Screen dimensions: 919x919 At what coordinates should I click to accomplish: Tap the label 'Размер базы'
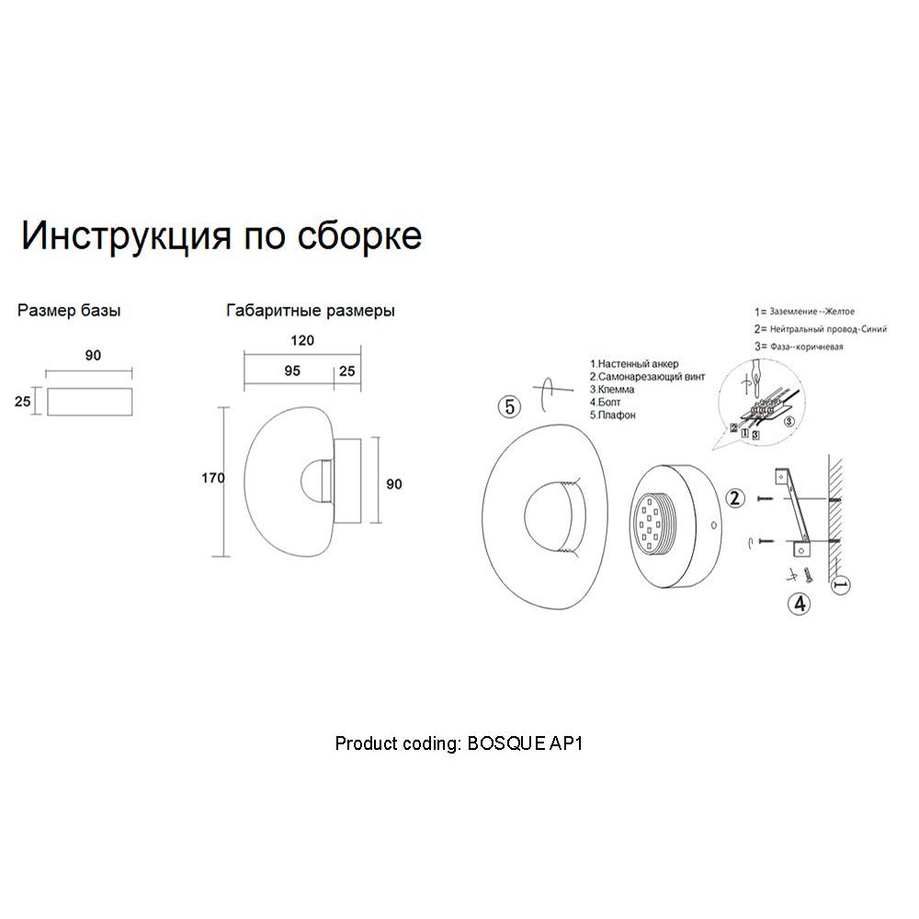tap(69, 311)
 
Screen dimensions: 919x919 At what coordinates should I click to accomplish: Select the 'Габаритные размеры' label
tap(310, 311)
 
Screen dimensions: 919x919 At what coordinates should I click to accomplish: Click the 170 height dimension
tap(213, 478)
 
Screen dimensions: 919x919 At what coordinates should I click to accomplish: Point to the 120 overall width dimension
tap(302, 341)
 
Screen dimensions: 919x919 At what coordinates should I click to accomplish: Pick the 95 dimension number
tap(292, 371)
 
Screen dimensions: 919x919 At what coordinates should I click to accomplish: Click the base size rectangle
tap(90, 402)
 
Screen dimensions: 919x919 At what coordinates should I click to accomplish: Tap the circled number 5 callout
tap(509, 406)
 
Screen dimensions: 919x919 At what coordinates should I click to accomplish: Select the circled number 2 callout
tap(735, 498)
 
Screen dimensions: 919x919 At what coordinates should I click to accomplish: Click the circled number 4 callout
tap(800, 603)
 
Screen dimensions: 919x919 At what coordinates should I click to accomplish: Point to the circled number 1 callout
tap(842, 584)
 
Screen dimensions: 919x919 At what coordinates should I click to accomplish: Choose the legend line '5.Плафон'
tap(612, 415)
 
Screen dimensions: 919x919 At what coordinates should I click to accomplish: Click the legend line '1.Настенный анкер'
tap(634, 364)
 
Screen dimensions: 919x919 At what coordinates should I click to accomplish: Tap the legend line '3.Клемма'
tap(612, 390)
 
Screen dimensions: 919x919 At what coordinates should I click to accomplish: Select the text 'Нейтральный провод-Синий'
tap(828, 329)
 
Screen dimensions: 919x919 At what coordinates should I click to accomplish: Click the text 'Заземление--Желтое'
tap(811, 312)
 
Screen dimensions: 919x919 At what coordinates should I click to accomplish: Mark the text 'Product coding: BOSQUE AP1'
tap(459, 743)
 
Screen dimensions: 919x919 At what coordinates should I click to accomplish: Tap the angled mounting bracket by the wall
tap(792, 510)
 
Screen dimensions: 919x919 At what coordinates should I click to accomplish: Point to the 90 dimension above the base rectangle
tap(93, 356)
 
